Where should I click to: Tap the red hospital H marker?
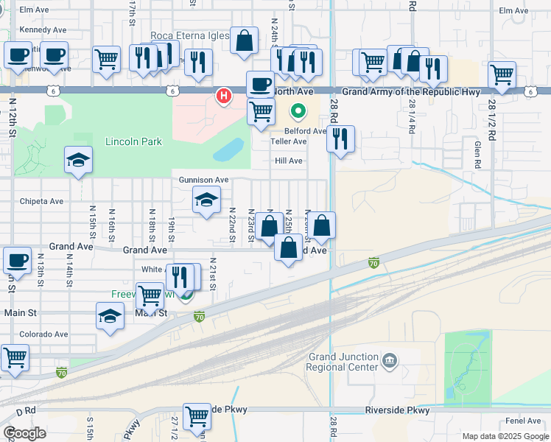[223, 96]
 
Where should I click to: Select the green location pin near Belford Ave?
[298, 112]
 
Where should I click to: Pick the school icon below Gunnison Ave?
[206, 200]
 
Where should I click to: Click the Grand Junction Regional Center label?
[343, 362]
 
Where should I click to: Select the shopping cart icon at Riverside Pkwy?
[197, 416]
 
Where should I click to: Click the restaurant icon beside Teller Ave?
[340, 138]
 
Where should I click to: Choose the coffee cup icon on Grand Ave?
[17, 259]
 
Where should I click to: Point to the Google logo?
[24, 433]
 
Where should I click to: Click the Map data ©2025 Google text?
[504, 436]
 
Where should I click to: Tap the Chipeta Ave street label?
[41, 201]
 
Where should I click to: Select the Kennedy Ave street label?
[43, 30]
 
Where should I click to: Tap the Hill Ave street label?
[289, 161]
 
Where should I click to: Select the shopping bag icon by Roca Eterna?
[244, 41]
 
